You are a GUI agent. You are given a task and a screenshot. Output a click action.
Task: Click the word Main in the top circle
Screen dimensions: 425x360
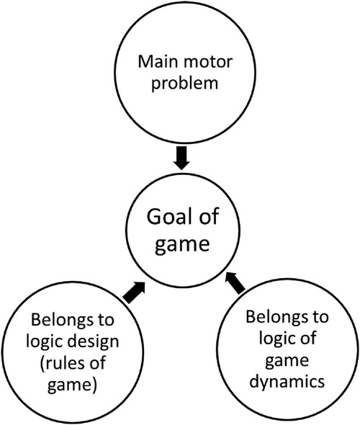coord(154,76)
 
